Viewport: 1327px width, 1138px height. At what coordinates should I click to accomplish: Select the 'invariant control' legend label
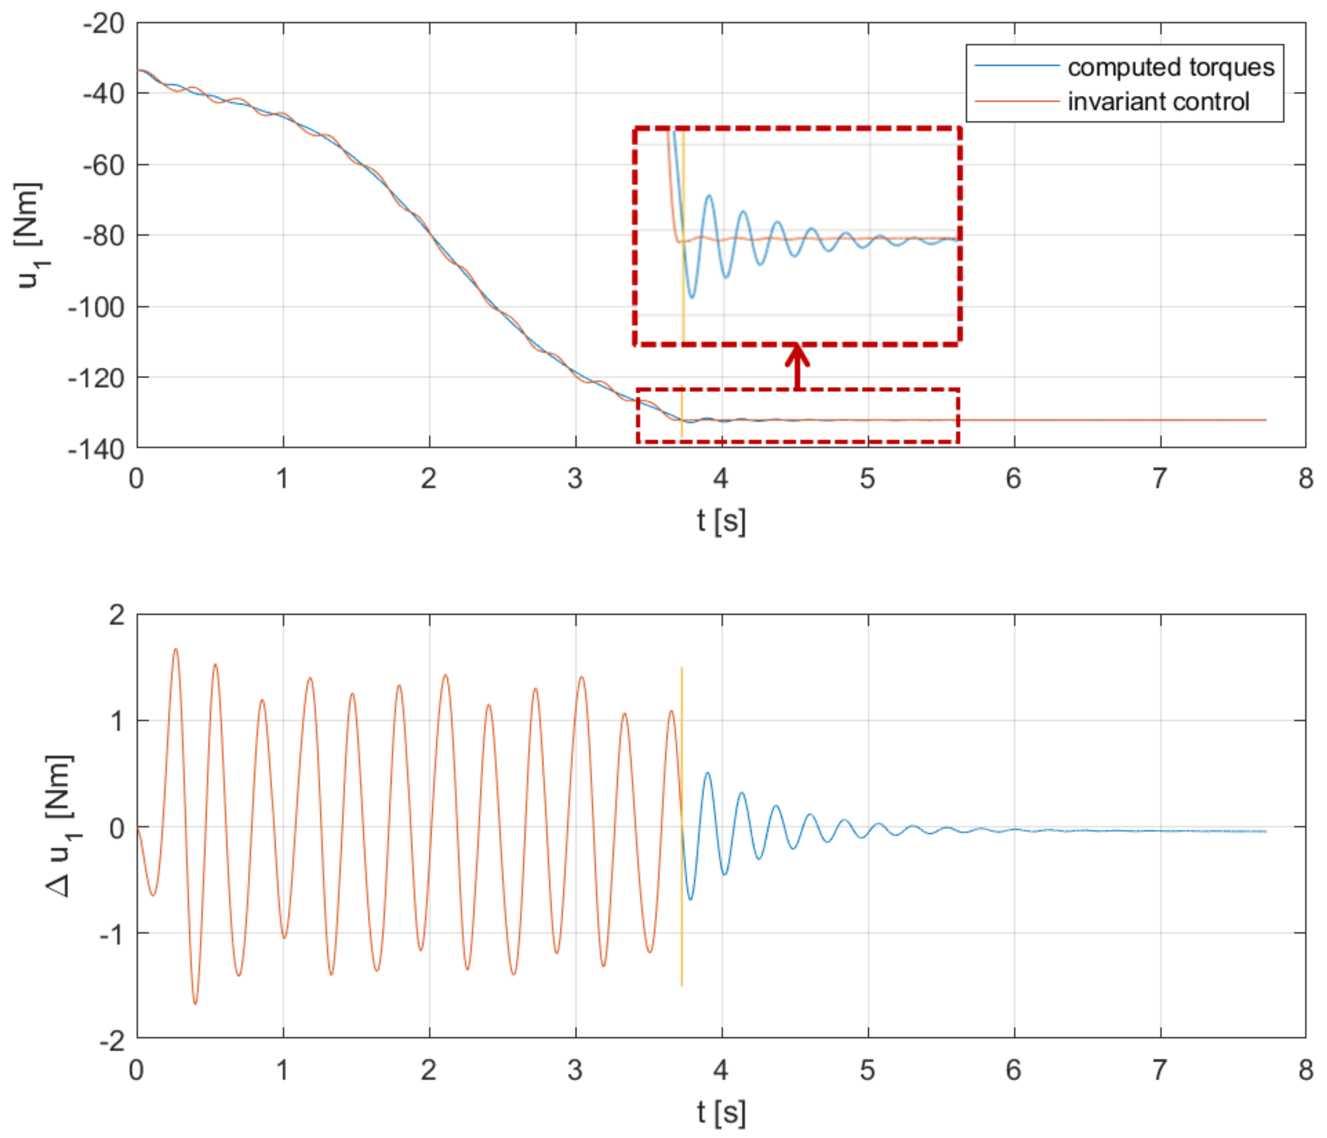(1158, 102)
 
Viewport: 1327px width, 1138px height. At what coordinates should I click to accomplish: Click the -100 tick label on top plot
(96, 307)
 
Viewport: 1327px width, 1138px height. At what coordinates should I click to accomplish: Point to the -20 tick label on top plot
(103, 24)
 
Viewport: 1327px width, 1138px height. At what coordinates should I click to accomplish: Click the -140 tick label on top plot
(96, 449)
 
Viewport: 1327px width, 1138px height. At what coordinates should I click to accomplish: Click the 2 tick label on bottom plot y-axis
(117, 615)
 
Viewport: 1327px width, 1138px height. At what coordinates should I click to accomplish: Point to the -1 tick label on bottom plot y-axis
(110, 934)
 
